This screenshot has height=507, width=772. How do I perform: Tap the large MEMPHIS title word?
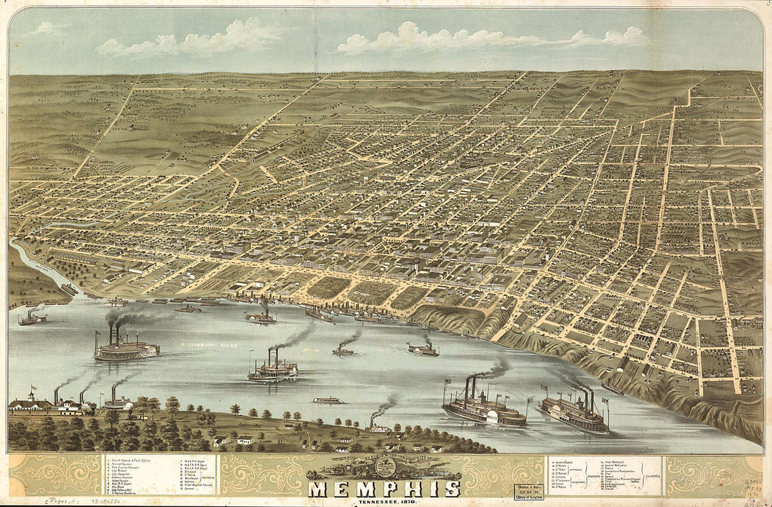tap(384, 487)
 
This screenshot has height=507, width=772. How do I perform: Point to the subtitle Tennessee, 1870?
tap(385, 501)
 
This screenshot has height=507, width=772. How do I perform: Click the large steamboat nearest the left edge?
tap(126, 348)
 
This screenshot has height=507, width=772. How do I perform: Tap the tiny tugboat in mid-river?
tap(343, 350)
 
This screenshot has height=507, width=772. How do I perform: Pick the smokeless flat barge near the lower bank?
tap(328, 400)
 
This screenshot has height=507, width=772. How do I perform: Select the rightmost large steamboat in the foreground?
tap(574, 416)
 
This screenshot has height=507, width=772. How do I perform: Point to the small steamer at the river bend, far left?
tap(32, 318)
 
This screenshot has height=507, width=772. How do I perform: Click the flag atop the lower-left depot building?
tap(30, 390)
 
